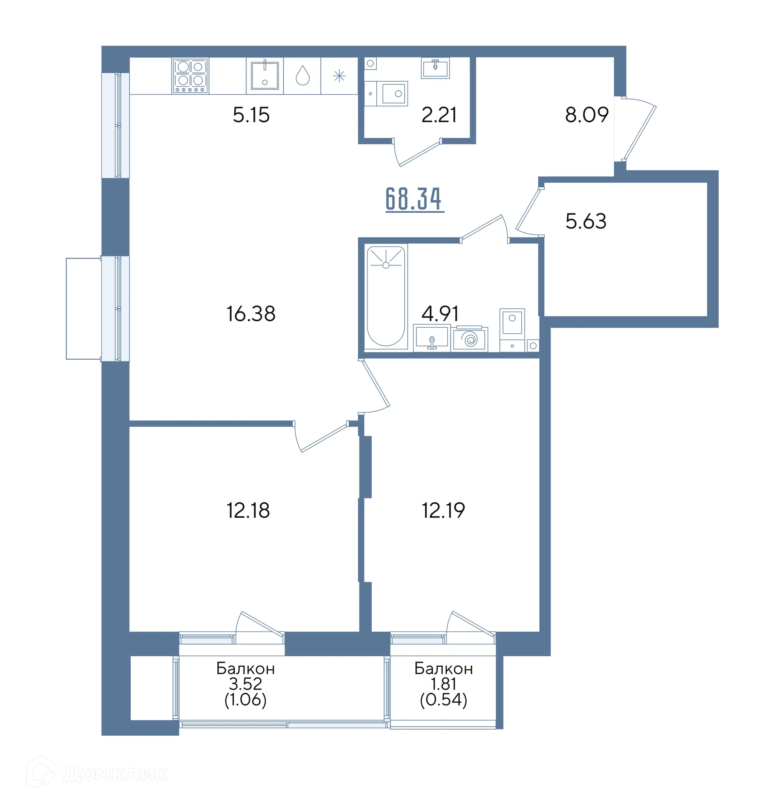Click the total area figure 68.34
pyautogui.click(x=414, y=199)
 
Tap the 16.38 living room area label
pyautogui.click(x=251, y=313)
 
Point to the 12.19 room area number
pyautogui.click(x=443, y=510)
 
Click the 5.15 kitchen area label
pyautogui.click(x=251, y=115)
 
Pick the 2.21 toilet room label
pyautogui.click(x=439, y=115)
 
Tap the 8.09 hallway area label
pyautogui.click(x=586, y=115)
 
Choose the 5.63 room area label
pyautogui.click(x=586, y=221)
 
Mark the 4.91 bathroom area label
pyautogui.click(x=440, y=314)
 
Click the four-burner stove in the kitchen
pyautogui.click(x=190, y=76)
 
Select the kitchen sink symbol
pyautogui.click(x=265, y=75)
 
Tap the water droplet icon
pyautogui.click(x=303, y=75)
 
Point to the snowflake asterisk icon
pyautogui.click(x=340, y=76)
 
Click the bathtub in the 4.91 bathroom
pyautogui.click(x=386, y=297)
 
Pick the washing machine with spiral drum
pyautogui.click(x=470, y=339)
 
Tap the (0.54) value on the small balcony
pyautogui.click(x=444, y=700)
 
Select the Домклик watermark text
pyautogui.click(x=115, y=774)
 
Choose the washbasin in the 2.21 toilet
pyautogui.click(x=435, y=68)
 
